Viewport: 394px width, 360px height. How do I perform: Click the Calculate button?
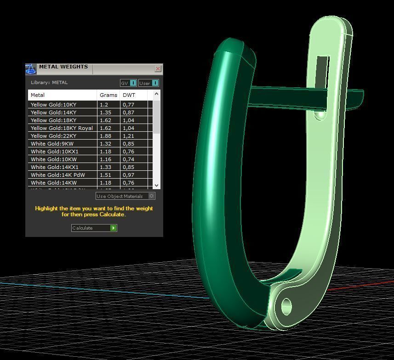(x=94, y=228)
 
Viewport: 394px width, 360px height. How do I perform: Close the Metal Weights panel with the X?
(x=158, y=69)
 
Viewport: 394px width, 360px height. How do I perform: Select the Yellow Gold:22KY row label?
(x=53, y=136)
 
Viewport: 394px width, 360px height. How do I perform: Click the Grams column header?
(x=108, y=95)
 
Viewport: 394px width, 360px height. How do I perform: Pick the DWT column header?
(x=129, y=95)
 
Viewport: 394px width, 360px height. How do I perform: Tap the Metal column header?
(x=38, y=95)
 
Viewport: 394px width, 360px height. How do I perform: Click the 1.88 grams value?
(x=106, y=136)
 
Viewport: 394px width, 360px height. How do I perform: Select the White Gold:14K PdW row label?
(x=57, y=175)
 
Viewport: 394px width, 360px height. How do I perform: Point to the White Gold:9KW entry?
(x=52, y=144)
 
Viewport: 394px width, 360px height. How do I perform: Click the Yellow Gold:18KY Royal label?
(x=62, y=128)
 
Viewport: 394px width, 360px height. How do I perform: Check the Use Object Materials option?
(x=152, y=196)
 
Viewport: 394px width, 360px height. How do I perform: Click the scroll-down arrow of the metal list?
(x=156, y=185)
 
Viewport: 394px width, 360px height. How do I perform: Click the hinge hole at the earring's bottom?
(x=286, y=305)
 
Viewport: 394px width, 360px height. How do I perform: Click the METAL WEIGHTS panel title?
(x=63, y=67)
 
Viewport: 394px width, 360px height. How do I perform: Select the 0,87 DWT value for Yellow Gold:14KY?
(x=128, y=112)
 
